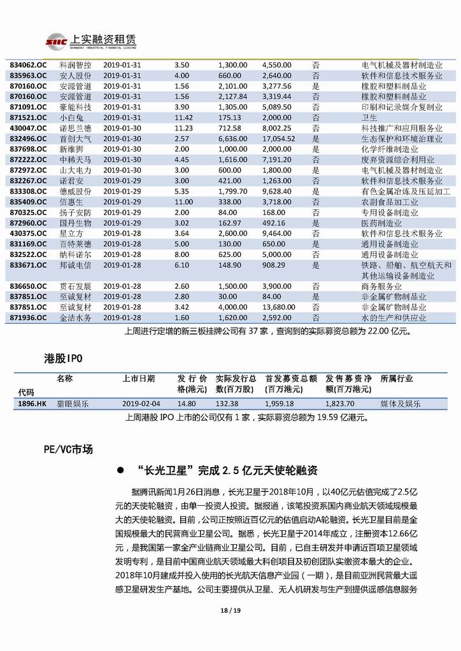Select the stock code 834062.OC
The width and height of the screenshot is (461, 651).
pos(29,65)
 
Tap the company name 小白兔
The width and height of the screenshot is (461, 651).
pos(71,118)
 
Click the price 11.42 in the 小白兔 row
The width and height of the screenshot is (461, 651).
pos(183,118)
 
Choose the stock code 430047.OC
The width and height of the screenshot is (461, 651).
pos(29,128)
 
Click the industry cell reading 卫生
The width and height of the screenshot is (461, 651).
pos(369,118)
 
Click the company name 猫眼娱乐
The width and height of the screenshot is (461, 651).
pos(73,403)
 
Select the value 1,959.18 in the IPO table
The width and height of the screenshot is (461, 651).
pos(281,403)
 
